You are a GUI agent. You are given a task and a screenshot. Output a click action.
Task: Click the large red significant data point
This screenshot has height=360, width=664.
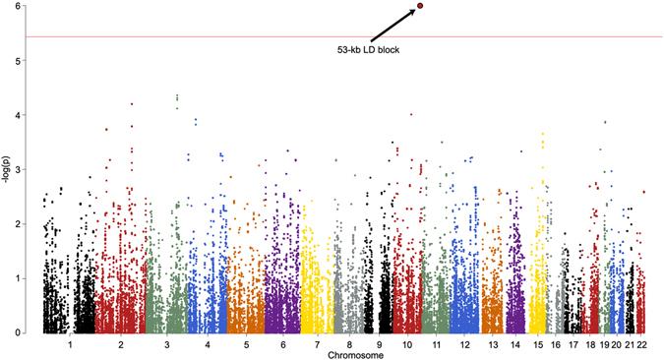coord(420,5)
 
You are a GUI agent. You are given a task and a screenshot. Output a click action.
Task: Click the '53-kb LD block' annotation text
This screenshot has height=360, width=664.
coord(367,49)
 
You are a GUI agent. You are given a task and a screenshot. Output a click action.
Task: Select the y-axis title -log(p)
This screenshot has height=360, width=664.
coord(9,169)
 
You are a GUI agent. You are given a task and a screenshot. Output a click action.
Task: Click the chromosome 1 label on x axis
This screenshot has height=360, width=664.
coord(70,344)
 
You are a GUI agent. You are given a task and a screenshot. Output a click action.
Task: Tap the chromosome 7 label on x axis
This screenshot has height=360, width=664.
coord(318,344)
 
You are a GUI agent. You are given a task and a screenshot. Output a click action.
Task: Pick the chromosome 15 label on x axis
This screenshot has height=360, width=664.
coord(538,344)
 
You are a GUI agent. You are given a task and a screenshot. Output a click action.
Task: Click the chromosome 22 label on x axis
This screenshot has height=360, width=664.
coord(640,344)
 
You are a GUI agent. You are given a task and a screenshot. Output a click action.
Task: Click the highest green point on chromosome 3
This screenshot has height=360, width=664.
coord(176,95)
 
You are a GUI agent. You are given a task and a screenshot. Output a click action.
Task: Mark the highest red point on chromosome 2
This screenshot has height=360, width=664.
coord(132,103)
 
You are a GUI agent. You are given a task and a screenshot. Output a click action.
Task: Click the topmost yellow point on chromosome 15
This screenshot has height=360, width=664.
coord(542,134)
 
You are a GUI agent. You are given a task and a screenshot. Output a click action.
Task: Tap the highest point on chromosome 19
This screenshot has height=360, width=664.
coord(605,122)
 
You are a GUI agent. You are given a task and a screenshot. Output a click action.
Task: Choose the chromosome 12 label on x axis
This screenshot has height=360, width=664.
coord(464,344)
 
